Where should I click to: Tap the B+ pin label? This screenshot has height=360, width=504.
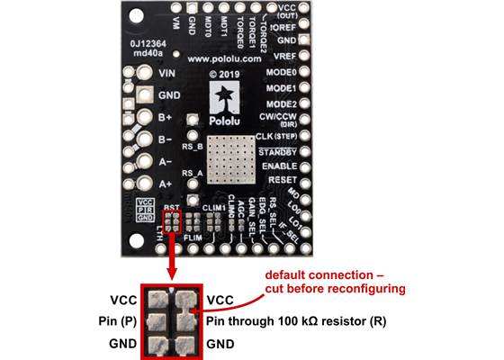click(166, 118)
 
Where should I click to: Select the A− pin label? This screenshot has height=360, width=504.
click(166, 162)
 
